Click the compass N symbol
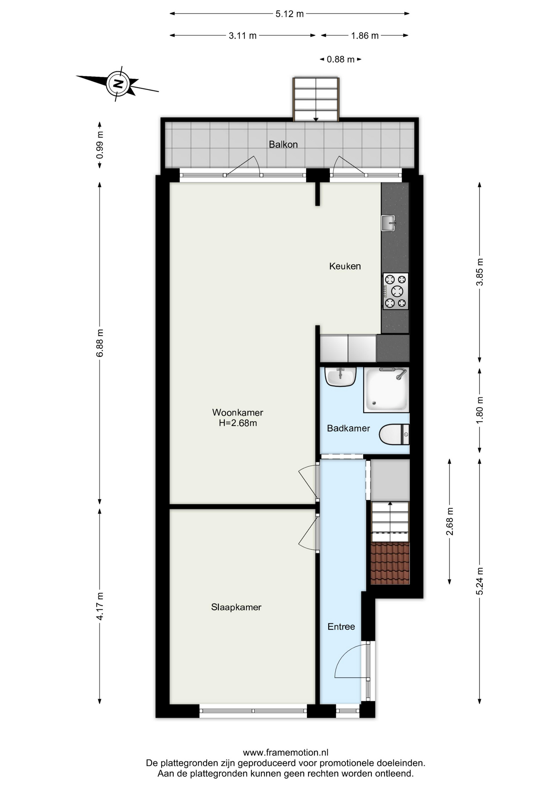(x=118, y=84)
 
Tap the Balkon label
(x=283, y=144)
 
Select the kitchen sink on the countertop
(x=388, y=223)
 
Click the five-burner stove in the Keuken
(x=395, y=291)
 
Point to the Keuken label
(x=345, y=266)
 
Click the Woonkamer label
(x=237, y=412)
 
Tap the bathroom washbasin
(x=340, y=377)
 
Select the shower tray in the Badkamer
(x=386, y=390)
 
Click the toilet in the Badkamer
(x=394, y=434)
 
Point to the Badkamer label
(x=348, y=429)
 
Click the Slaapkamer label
(x=236, y=607)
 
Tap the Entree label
(x=341, y=627)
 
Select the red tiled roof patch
(x=390, y=563)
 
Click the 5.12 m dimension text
(x=290, y=14)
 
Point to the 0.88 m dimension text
(x=341, y=60)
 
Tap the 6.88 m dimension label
(x=99, y=343)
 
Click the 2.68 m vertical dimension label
(x=450, y=521)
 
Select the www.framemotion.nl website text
(x=286, y=752)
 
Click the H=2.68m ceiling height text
(x=238, y=423)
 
